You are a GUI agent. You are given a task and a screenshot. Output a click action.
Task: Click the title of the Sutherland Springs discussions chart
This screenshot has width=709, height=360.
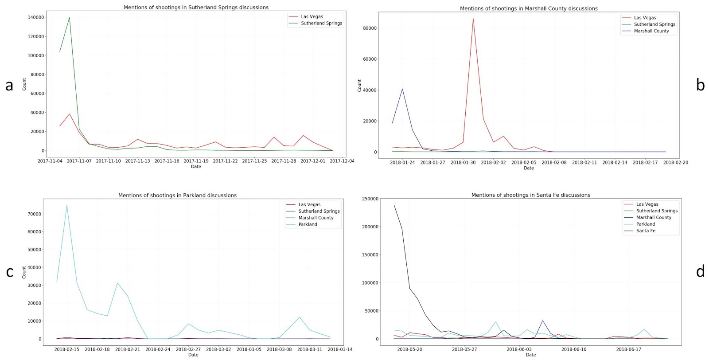point(196,7)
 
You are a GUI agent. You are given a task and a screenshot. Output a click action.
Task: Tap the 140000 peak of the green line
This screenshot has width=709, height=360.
point(69,17)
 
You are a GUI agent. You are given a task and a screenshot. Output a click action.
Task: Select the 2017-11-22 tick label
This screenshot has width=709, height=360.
point(225,161)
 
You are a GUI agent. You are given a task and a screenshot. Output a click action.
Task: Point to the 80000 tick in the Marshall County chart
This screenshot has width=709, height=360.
point(370,28)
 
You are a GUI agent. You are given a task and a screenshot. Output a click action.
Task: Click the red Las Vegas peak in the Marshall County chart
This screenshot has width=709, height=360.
point(473,19)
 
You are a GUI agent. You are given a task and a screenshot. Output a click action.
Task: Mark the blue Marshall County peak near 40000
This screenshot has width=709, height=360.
point(402,89)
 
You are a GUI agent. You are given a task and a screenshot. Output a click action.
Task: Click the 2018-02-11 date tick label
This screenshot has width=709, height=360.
point(584,162)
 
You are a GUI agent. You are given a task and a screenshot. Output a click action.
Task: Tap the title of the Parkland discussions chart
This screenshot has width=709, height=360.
point(177,196)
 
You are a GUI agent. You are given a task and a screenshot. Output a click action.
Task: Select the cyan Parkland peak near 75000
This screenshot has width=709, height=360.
point(66,205)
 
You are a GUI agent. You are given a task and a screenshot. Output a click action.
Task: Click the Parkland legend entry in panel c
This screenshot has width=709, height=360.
point(302,224)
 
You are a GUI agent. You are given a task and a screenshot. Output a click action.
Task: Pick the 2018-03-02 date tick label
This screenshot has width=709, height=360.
point(218,349)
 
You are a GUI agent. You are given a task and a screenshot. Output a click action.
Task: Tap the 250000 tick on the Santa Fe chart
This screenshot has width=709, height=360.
point(370,199)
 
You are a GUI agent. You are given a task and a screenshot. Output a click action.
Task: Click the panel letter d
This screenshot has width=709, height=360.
point(700,271)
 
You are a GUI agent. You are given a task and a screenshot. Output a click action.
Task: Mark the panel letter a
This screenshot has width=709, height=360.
point(9,86)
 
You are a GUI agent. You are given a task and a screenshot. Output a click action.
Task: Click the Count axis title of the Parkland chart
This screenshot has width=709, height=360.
point(24,272)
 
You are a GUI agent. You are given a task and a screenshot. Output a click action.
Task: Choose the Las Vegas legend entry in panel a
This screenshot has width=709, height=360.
point(306,17)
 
